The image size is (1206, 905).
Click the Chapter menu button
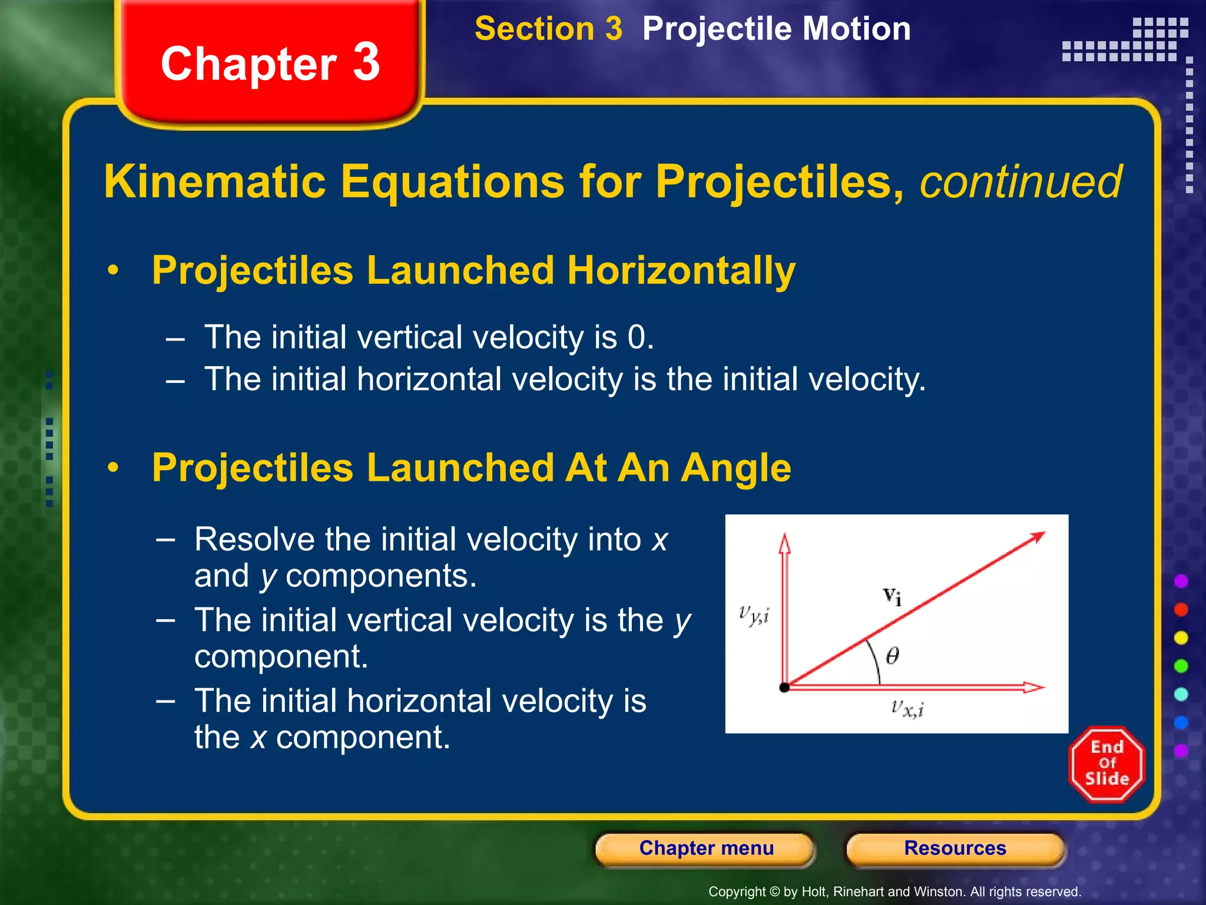point(705,848)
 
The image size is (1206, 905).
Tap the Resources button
point(955,848)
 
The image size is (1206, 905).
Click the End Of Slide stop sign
point(1106,764)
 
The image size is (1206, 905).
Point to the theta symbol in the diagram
point(892,656)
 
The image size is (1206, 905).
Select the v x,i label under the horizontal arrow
point(907,708)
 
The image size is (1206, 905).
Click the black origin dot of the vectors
point(784,688)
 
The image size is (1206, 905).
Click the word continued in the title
point(1021,182)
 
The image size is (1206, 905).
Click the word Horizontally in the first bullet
point(681,270)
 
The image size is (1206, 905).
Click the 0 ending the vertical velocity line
point(636,338)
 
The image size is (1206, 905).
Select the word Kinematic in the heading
point(215,182)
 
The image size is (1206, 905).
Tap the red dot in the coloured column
point(1181,609)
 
